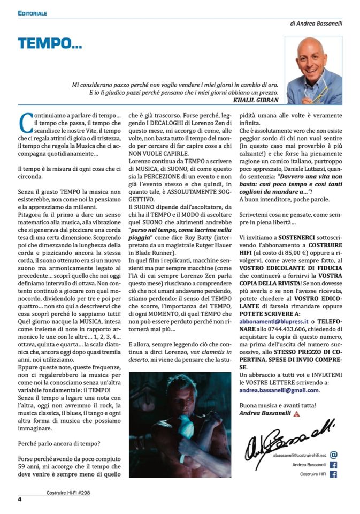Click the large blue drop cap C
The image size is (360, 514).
tap(24, 122)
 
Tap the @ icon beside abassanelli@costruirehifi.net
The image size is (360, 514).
tap(334, 454)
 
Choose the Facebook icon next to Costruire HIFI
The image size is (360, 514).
tap(334, 474)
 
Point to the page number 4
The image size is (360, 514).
tap(19, 500)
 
